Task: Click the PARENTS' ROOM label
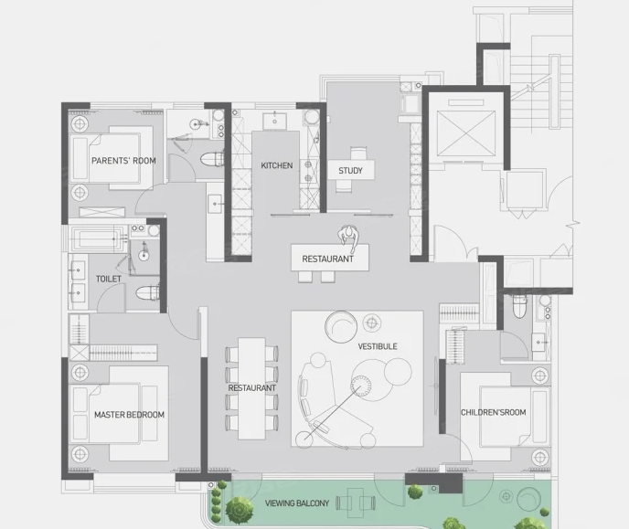123,161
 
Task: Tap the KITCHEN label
277,165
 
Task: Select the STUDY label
350,171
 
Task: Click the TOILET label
108,279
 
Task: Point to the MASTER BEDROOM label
129,415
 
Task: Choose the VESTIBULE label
378,346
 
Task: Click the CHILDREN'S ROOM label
493,412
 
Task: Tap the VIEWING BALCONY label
297,503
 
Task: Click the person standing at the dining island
348,235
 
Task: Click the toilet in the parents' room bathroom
212,159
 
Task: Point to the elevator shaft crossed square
465,133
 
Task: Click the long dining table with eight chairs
252,388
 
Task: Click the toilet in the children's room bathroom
519,306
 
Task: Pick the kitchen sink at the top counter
275,121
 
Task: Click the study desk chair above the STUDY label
358,153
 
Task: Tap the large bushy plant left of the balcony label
240,510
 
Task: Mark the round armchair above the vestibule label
341,326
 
